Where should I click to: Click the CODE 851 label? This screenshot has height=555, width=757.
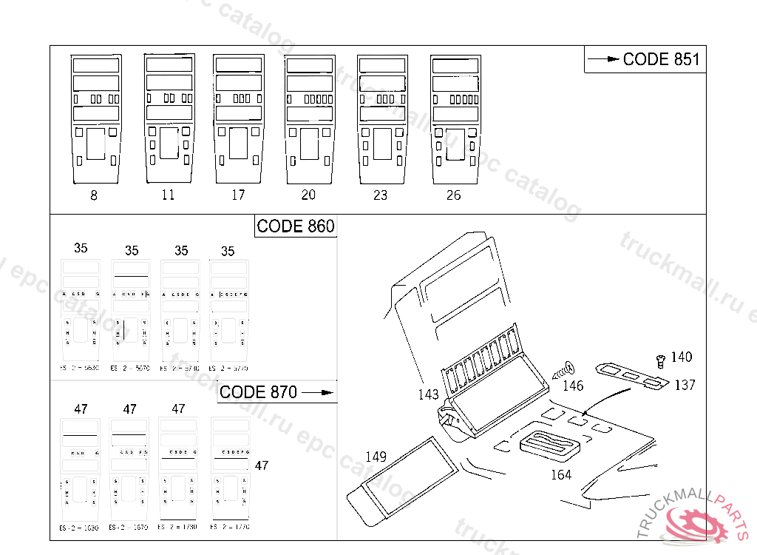pos(660,59)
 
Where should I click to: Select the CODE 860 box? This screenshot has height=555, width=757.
pos(296,226)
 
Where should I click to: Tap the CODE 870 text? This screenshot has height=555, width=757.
pos(259,392)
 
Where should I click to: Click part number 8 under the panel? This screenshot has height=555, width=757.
pos(93,196)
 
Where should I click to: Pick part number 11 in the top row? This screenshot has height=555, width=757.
pos(169,195)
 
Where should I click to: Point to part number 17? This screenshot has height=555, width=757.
pos(237,195)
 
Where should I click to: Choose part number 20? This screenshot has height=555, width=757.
pos(309,195)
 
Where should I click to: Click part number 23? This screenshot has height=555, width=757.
pos(380,195)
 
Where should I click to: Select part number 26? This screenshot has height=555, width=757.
pos(453,195)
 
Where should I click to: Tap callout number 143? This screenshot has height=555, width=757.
pos(428,394)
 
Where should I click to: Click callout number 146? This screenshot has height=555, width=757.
pos(573,386)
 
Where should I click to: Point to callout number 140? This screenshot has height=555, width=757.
pos(681,357)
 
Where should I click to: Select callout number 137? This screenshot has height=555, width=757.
pos(685,385)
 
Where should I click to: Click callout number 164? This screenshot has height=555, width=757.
pos(561,474)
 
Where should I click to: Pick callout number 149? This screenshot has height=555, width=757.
pos(376,457)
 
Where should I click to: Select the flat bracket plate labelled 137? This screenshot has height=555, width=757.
pos(633,374)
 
